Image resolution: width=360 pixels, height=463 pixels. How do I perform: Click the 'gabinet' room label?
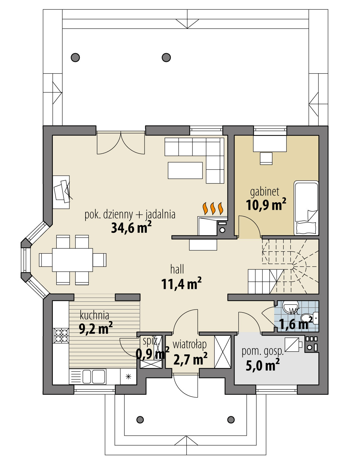click(264, 192)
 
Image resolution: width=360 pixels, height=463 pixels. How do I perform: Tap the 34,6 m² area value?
click(131, 228)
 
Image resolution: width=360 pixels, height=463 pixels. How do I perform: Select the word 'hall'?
click(177, 269)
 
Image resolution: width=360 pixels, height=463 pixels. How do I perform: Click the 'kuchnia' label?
click(94, 315)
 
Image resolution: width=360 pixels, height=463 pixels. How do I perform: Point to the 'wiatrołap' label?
click(190, 344)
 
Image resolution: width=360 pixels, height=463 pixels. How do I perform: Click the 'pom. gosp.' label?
click(262, 351)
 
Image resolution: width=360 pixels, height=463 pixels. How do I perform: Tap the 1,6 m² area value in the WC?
click(296, 324)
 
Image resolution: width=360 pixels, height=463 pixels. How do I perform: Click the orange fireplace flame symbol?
click(213, 208)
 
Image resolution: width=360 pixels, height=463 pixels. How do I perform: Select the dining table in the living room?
click(73, 260)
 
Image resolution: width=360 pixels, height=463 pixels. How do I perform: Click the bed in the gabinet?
click(306, 208)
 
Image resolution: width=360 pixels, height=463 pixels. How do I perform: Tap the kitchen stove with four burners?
click(61, 335)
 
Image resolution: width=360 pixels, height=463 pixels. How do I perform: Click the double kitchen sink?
click(92, 376)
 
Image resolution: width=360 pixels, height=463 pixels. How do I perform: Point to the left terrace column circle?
click(75, 58)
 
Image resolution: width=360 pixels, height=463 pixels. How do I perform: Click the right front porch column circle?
click(231, 420)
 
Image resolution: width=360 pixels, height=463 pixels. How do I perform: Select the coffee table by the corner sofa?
click(185, 170)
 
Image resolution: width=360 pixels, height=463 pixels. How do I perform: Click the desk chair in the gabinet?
click(266, 158)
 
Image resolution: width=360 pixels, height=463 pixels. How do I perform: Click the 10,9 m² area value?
click(266, 205)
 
